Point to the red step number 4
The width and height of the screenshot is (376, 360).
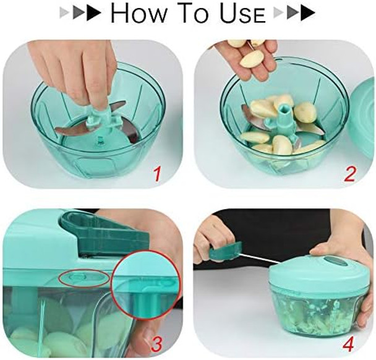(349, 341)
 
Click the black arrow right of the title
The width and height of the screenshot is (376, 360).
(307, 13)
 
